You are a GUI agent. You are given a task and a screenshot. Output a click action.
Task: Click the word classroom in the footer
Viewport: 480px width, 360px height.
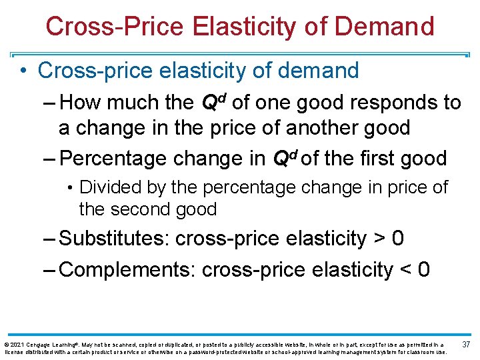412,351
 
